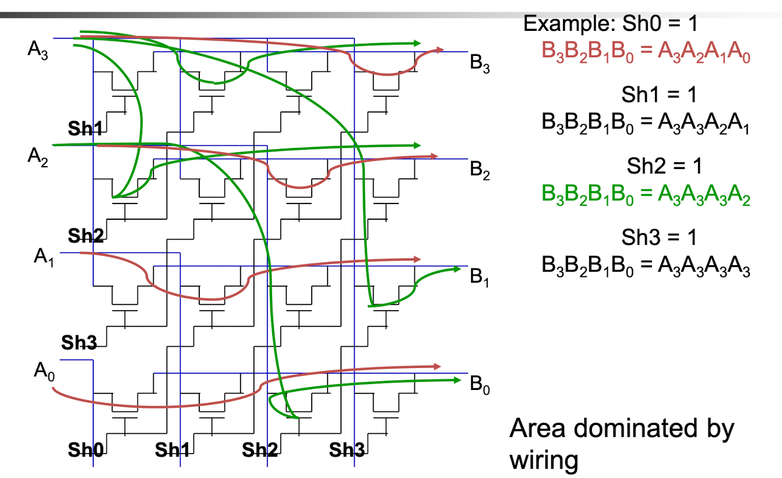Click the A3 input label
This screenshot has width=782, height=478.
click(x=38, y=51)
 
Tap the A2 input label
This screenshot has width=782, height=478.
click(x=38, y=157)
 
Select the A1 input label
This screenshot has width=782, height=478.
click(x=44, y=258)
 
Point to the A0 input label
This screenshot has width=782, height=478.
click(x=44, y=371)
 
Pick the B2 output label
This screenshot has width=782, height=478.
click(x=480, y=170)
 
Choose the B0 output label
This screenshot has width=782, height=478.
click(x=480, y=385)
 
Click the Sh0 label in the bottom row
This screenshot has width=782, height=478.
click(x=86, y=449)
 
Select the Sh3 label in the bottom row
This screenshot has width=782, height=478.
click(x=347, y=449)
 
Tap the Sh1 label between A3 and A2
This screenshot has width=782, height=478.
click(x=85, y=128)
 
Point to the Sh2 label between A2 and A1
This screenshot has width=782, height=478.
click(x=86, y=236)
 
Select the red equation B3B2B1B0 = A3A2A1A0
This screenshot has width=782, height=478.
click(x=646, y=52)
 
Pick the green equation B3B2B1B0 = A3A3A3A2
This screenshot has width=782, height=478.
click(x=646, y=195)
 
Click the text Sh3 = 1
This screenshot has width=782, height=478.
click(x=659, y=237)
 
